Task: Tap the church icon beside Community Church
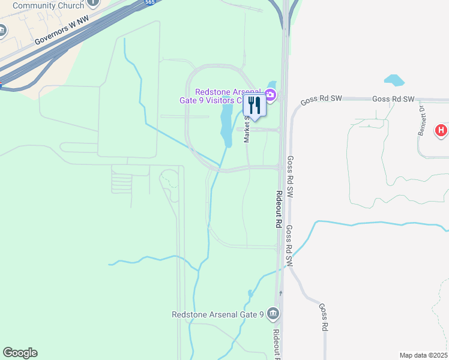point(93,2)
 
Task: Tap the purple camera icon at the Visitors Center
point(270,94)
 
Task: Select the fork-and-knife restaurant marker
point(254,106)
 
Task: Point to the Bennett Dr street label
point(421,120)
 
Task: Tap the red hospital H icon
point(441,130)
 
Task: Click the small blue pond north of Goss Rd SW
point(394,79)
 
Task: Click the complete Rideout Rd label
point(279,209)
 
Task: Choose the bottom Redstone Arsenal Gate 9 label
point(218,314)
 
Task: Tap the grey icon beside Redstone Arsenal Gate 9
point(273,313)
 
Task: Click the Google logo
point(20,353)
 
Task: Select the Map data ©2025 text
point(424,355)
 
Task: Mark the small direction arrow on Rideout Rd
point(280,292)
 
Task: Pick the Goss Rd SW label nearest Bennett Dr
point(393,99)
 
